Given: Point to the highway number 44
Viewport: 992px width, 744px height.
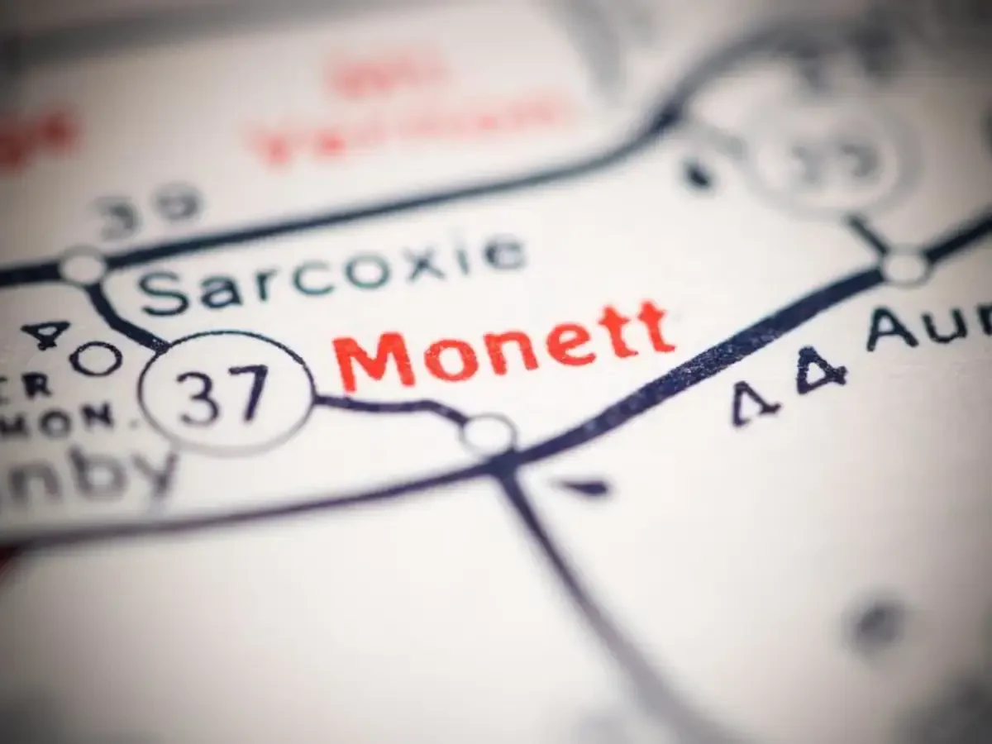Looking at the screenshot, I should [x=789, y=382].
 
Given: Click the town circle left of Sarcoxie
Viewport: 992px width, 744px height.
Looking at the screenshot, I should [x=83, y=266].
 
